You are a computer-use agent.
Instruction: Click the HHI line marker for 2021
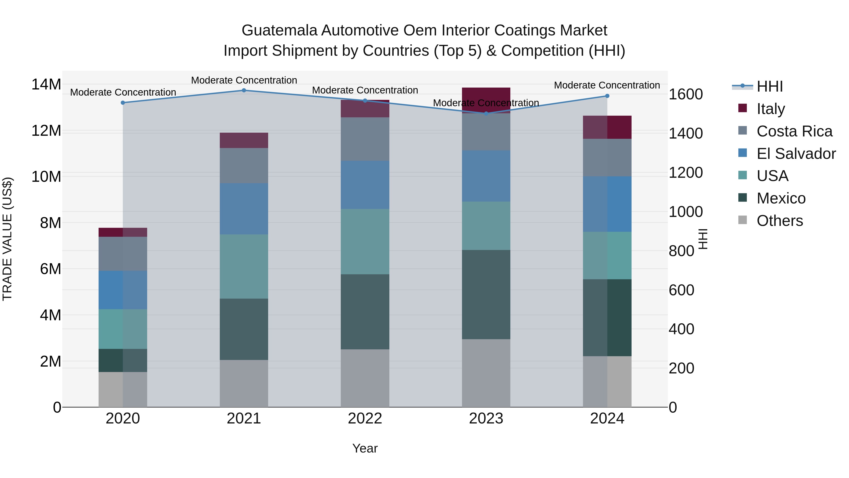click(x=244, y=90)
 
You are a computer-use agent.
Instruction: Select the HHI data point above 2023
click(x=486, y=114)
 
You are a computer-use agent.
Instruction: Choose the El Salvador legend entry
click(x=796, y=154)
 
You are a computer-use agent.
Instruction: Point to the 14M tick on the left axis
click(x=46, y=85)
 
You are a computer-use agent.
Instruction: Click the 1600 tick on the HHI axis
click(x=686, y=94)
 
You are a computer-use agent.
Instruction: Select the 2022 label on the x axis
click(x=365, y=419)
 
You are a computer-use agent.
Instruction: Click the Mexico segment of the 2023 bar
click(x=486, y=294)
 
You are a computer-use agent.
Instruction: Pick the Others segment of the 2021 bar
click(x=244, y=383)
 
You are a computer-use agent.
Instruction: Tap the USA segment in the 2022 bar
click(x=365, y=241)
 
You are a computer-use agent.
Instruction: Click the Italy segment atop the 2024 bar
click(x=607, y=127)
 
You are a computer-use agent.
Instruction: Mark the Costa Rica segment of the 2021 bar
click(x=244, y=166)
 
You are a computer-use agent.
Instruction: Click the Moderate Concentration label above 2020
click(x=123, y=92)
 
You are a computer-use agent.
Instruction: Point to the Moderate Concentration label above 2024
click(x=607, y=85)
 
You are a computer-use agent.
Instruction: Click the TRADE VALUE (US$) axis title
click(x=7, y=239)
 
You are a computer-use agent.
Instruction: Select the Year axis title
click(x=365, y=448)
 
